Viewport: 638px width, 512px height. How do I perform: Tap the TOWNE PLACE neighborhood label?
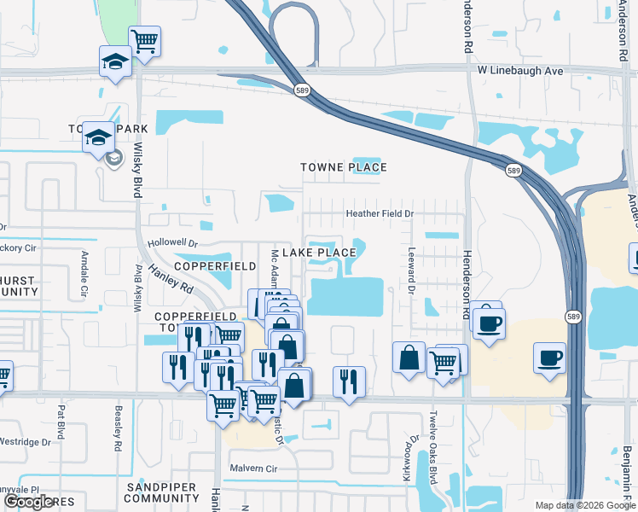[344, 168]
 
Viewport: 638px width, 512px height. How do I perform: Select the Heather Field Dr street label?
[379, 213]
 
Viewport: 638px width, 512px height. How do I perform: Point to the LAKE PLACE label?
[318, 253]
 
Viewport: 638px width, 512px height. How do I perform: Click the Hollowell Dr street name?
[172, 243]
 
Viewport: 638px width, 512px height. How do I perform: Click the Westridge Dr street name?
[26, 442]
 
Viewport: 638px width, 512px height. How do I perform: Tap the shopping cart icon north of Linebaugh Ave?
[145, 41]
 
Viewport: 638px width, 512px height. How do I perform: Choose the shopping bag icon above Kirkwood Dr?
[409, 357]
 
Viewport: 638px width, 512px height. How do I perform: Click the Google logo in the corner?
[29, 502]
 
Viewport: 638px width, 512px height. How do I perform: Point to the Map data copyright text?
[584, 505]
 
